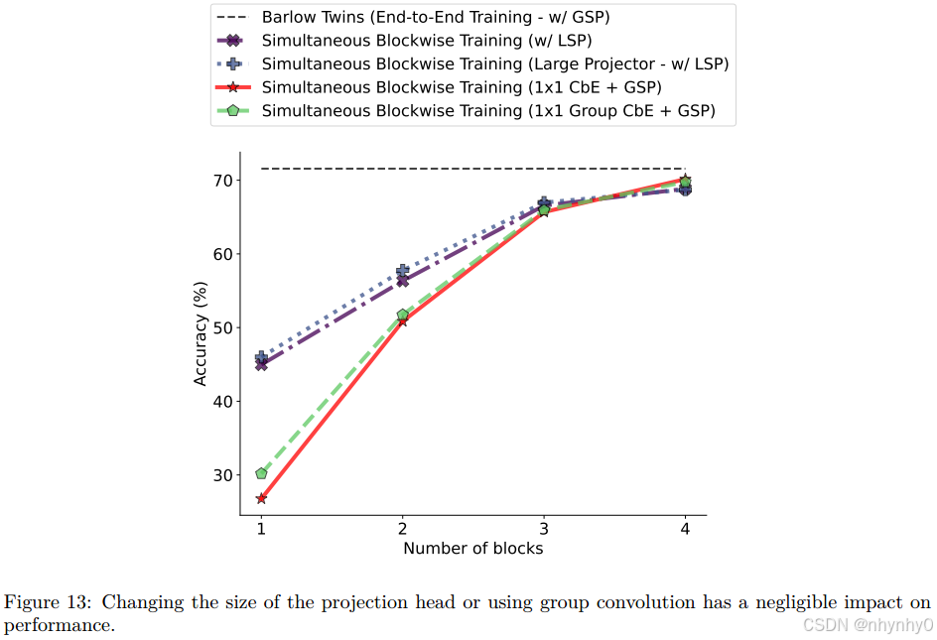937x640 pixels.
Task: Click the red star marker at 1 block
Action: [261, 498]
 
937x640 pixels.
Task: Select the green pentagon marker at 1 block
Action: [261, 473]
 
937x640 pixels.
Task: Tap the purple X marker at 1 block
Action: [261, 364]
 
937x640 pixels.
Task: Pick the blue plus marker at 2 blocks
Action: [402, 270]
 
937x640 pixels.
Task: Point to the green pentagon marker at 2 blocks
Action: [402, 315]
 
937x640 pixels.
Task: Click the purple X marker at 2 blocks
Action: [402, 281]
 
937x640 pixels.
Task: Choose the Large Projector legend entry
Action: [494, 64]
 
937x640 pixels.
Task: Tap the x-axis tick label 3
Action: [544, 528]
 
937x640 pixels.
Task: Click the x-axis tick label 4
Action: [685, 528]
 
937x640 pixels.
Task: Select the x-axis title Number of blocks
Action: [472, 548]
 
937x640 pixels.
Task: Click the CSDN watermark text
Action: [868, 625]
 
